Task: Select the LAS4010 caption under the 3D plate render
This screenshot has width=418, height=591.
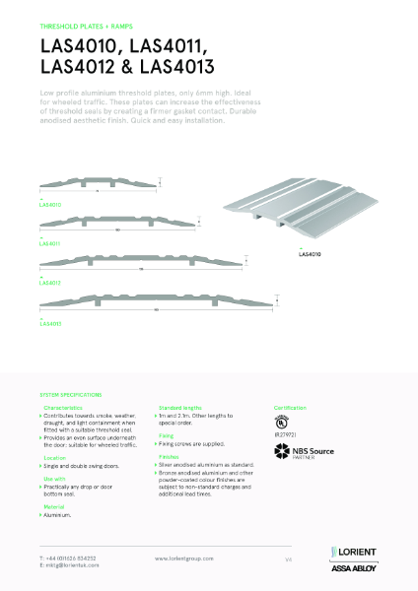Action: coord(311,254)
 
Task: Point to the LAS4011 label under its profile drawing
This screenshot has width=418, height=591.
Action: coord(50,242)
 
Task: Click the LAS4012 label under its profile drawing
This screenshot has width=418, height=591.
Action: coord(50,284)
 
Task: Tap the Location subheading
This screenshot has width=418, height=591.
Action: coord(55,458)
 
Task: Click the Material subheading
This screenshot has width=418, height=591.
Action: coord(55,508)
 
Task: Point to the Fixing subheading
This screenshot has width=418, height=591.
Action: coord(167,435)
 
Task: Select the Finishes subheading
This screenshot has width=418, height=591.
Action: coord(170,456)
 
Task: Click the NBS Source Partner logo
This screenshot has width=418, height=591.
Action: coord(307,452)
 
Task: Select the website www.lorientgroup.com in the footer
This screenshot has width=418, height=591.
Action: coord(185,558)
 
